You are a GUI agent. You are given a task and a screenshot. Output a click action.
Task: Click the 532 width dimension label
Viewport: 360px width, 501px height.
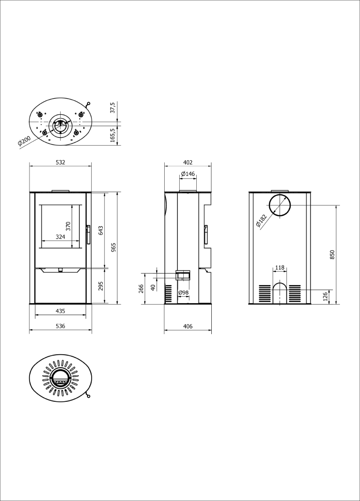click(x=61, y=162)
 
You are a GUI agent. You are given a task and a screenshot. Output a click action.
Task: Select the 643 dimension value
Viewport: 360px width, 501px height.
click(x=101, y=230)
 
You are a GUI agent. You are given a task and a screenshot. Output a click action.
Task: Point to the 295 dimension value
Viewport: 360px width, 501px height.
click(x=101, y=286)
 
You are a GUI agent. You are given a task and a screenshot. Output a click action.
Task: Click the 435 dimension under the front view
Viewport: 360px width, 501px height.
click(x=61, y=311)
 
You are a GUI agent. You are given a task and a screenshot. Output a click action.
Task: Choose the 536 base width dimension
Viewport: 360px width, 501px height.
click(x=61, y=326)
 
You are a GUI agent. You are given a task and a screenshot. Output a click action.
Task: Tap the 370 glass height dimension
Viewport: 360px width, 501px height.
click(x=68, y=226)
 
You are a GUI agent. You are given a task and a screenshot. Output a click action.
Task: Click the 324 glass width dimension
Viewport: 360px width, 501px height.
click(x=61, y=237)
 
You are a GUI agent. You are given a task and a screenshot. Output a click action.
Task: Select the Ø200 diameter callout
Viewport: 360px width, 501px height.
click(x=24, y=141)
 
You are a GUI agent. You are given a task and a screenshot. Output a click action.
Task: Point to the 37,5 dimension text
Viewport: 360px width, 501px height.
click(x=112, y=108)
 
